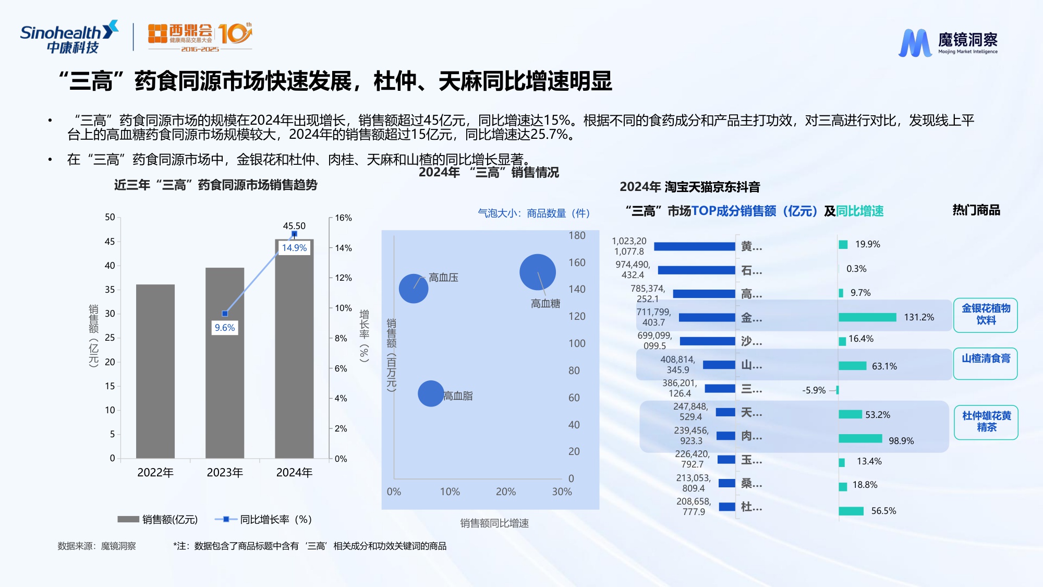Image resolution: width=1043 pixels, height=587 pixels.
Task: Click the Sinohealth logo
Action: click(69, 38)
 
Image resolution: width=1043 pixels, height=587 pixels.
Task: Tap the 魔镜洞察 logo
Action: click(948, 42)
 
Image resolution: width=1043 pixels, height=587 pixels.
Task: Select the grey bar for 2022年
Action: click(155, 371)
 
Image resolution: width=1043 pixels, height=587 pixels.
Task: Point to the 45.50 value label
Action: click(294, 226)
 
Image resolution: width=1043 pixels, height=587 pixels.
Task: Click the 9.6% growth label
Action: click(225, 328)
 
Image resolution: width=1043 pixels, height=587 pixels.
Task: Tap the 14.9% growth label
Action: click(294, 248)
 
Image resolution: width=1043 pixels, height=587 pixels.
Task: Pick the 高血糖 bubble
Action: click(537, 272)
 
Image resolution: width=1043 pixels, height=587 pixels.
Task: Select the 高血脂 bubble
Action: click(431, 393)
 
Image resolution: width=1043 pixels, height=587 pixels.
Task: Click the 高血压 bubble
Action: click(414, 289)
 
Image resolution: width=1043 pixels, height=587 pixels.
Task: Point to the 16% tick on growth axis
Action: click(343, 218)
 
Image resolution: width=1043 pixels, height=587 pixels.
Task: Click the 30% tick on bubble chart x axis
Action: click(562, 492)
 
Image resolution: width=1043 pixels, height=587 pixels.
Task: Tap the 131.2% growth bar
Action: click(867, 317)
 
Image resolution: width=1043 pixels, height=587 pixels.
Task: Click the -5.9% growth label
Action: click(814, 390)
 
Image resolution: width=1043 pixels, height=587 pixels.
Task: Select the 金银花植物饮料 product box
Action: click(986, 315)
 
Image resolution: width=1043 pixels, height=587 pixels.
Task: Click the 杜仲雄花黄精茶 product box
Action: click(986, 422)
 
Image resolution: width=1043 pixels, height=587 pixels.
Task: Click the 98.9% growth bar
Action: click(860, 439)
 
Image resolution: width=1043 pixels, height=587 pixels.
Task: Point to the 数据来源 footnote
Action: click(96, 546)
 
